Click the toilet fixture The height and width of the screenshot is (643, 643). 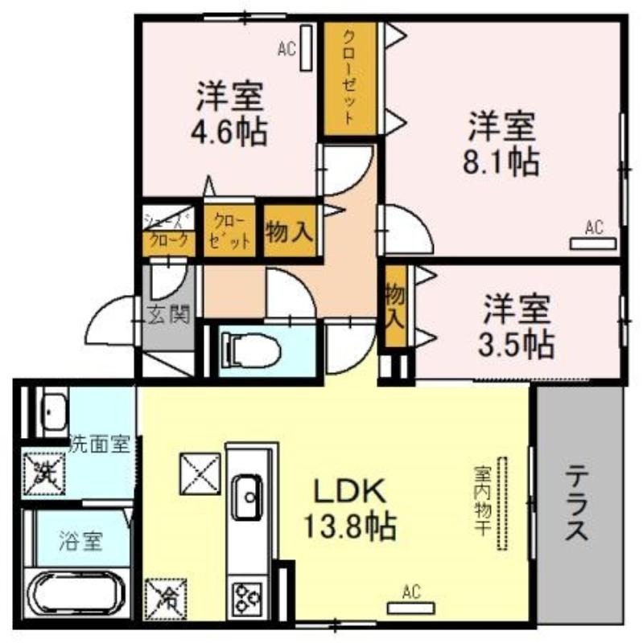pyautogui.click(x=250, y=350)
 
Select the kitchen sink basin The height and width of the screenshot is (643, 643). pyautogui.click(x=248, y=498)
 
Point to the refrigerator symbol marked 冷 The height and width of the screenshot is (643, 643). pyautogui.click(x=166, y=599)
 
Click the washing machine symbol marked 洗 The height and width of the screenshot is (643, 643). pyautogui.click(x=44, y=473)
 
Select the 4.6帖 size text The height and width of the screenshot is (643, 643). pyautogui.click(x=230, y=132)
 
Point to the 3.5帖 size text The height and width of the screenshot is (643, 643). pyautogui.click(x=516, y=344)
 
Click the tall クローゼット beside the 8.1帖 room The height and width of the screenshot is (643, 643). pyautogui.click(x=350, y=78)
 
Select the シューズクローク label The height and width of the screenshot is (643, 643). pyautogui.click(x=168, y=231)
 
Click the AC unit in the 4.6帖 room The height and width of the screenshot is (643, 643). pyautogui.click(x=307, y=48)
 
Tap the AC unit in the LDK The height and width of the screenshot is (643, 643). pyautogui.click(x=411, y=608)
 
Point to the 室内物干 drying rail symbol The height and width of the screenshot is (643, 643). pyautogui.click(x=501, y=504)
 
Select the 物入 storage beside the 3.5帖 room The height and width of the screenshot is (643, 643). pyautogui.click(x=395, y=306)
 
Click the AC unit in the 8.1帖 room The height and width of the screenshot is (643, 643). pyautogui.click(x=593, y=244)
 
